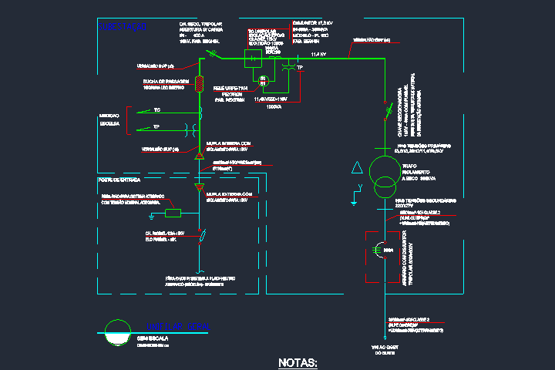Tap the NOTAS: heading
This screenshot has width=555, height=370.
coord(298,362)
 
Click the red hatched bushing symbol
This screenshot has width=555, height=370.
coord(200,82)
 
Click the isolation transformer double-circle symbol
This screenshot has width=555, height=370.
coord(380,177)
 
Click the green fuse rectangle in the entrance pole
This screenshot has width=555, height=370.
coord(173,213)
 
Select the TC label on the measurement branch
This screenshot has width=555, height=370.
coord(156,110)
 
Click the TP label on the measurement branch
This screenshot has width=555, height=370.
coord(156,126)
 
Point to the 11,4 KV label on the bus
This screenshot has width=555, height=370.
coord(318,55)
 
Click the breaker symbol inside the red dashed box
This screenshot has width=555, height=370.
coord(379,251)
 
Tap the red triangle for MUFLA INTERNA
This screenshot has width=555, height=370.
coord(199,156)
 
